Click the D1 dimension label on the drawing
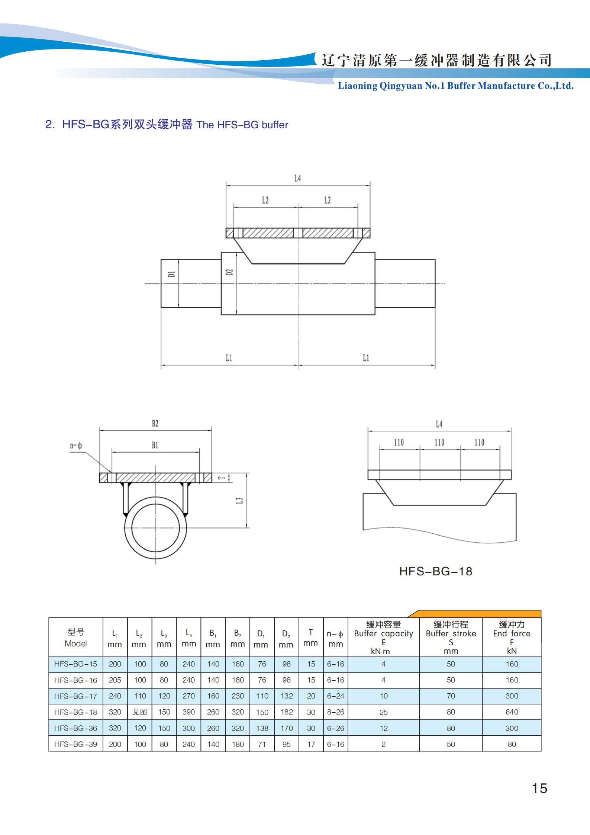[171, 274]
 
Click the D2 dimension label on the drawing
[229, 272]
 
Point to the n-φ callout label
[76, 446]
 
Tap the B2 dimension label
[155, 423]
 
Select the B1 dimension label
[155, 445]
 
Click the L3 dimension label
[239, 501]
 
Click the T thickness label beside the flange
[222, 478]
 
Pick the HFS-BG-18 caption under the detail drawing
[436, 571]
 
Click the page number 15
[539, 789]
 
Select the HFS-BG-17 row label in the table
[75, 696]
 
